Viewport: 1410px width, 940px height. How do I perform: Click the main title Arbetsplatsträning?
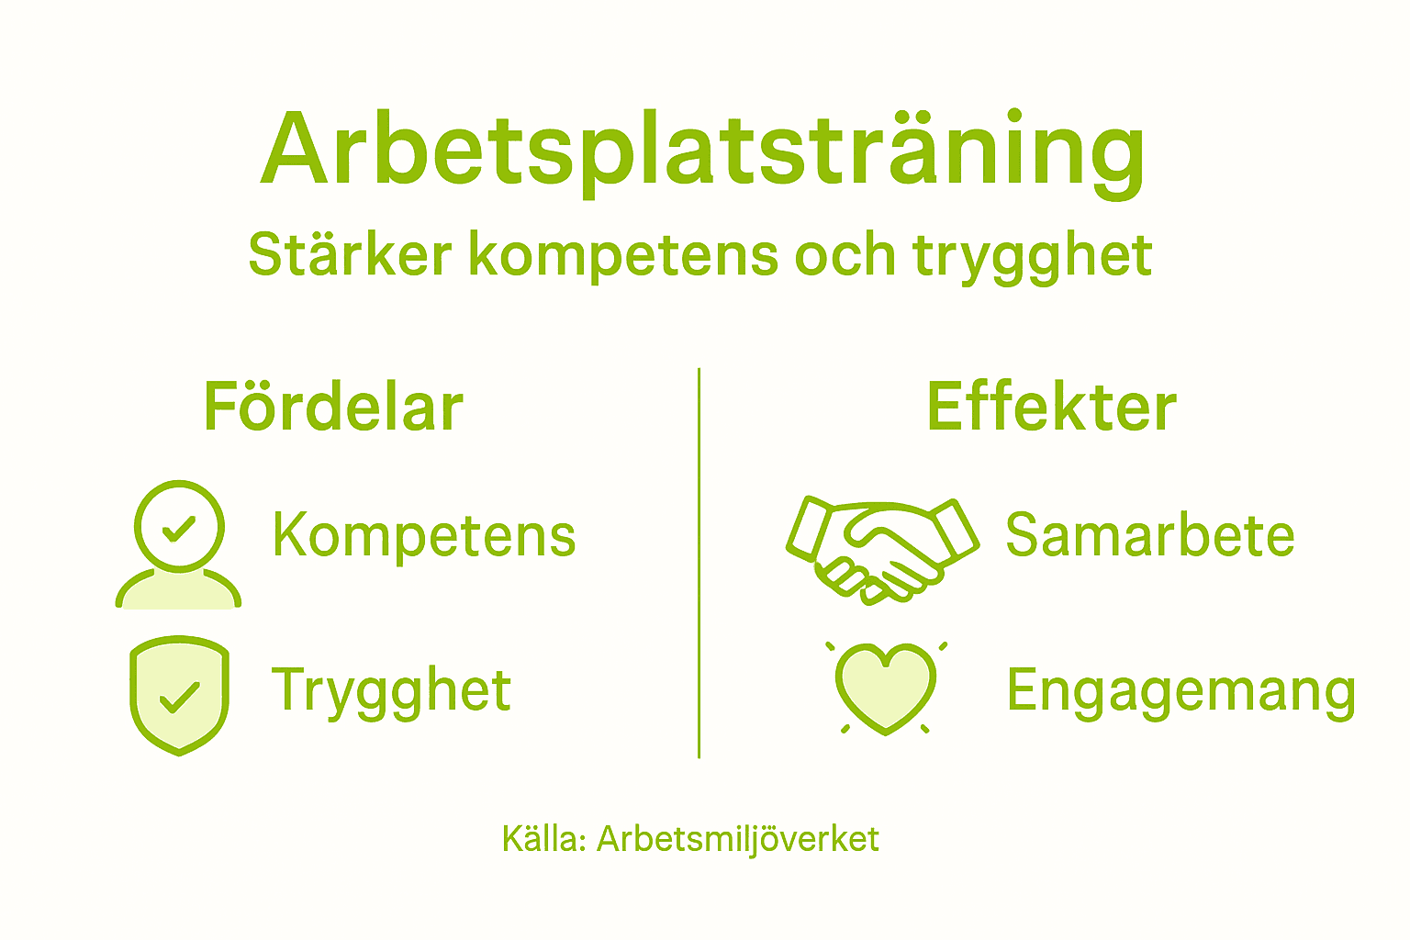(703, 151)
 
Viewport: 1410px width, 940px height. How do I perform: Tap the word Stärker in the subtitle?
(350, 254)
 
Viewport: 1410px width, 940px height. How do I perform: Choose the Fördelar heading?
(333, 407)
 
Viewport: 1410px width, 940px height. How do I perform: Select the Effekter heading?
(1051, 407)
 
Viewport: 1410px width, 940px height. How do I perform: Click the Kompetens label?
(424, 535)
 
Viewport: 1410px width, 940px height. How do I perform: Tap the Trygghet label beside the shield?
(391, 690)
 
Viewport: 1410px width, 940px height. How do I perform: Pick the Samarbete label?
(1149, 535)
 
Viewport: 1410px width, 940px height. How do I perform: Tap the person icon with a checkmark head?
(179, 545)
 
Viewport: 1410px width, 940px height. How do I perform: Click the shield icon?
(179, 696)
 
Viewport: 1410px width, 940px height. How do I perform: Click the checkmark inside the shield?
(179, 698)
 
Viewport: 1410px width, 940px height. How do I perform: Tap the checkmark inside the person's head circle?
(178, 529)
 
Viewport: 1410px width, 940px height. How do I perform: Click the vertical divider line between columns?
(699, 563)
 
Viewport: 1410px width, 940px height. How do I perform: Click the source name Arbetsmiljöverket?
(738, 839)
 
